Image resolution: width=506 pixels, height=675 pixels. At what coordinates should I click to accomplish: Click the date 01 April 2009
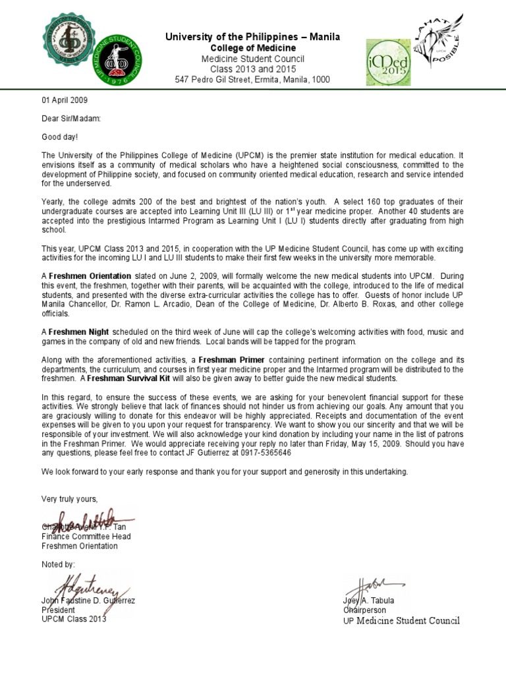pyautogui.click(x=64, y=101)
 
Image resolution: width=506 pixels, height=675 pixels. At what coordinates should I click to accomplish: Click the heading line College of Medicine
pyautogui.click(x=253, y=48)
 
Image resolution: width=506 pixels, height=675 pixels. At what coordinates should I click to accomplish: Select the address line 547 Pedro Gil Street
pyautogui.click(x=252, y=80)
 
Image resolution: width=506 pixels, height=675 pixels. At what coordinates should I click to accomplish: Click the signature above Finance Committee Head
pyautogui.click(x=78, y=518)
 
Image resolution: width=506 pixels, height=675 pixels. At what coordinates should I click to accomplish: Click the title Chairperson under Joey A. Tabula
pyautogui.click(x=364, y=610)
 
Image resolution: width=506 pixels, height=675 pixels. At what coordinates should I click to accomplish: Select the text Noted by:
pyautogui.click(x=58, y=564)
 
